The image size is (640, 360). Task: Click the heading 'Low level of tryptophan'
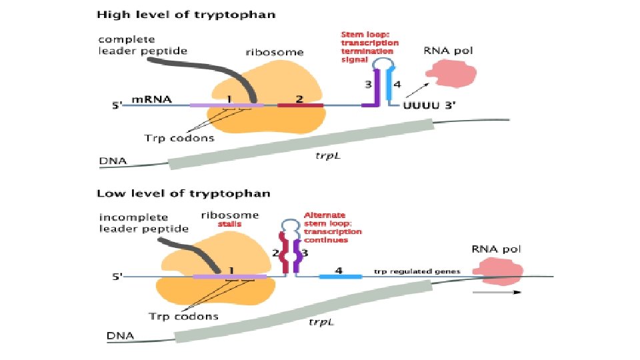pos(184,193)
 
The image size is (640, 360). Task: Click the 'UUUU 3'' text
pos(429,105)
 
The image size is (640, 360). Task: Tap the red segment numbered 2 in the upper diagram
pos(300,105)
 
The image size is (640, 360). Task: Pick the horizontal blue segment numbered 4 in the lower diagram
pos(340,276)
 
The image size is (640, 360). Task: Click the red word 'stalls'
pos(229,225)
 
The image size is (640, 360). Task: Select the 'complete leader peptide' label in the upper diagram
pos(143,45)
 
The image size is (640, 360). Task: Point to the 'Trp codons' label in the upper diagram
pos(179,139)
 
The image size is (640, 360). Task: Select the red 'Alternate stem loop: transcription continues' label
pos(333,227)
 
